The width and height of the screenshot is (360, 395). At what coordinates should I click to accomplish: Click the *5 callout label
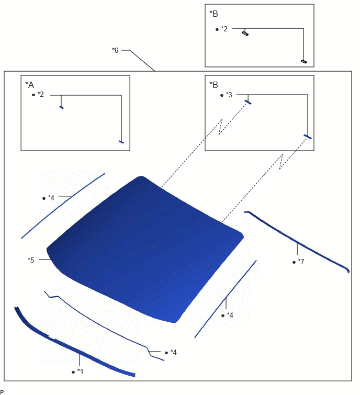[31, 259]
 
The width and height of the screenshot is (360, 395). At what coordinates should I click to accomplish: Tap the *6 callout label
[115, 50]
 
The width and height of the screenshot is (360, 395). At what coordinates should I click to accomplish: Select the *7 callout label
[301, 262]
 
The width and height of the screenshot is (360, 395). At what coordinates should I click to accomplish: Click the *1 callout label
[80, 371]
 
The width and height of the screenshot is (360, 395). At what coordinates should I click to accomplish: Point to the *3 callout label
[229, 95]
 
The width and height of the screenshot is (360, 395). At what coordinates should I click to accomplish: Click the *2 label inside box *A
[41, 94]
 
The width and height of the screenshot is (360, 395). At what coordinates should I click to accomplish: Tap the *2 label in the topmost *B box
[224, 29]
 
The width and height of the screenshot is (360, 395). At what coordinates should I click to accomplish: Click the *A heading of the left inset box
[29, 85]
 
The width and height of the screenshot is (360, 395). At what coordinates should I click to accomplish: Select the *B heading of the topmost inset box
[213, 14]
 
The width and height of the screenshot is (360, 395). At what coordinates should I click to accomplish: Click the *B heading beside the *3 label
[213, 85]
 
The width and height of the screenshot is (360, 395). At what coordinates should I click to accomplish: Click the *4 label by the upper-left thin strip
[51, 198]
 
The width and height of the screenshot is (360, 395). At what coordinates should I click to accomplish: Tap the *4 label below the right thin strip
[230, 315]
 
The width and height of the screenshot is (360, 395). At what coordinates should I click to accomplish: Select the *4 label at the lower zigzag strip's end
[173, 352]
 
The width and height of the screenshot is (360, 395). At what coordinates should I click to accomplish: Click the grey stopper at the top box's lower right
[304, 61]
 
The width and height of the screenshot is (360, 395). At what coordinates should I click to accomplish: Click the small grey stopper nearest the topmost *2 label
[245, 33]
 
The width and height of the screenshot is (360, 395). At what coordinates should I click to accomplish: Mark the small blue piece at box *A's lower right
[121, 142]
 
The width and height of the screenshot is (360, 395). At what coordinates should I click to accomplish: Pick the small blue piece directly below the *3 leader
[248, 102]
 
